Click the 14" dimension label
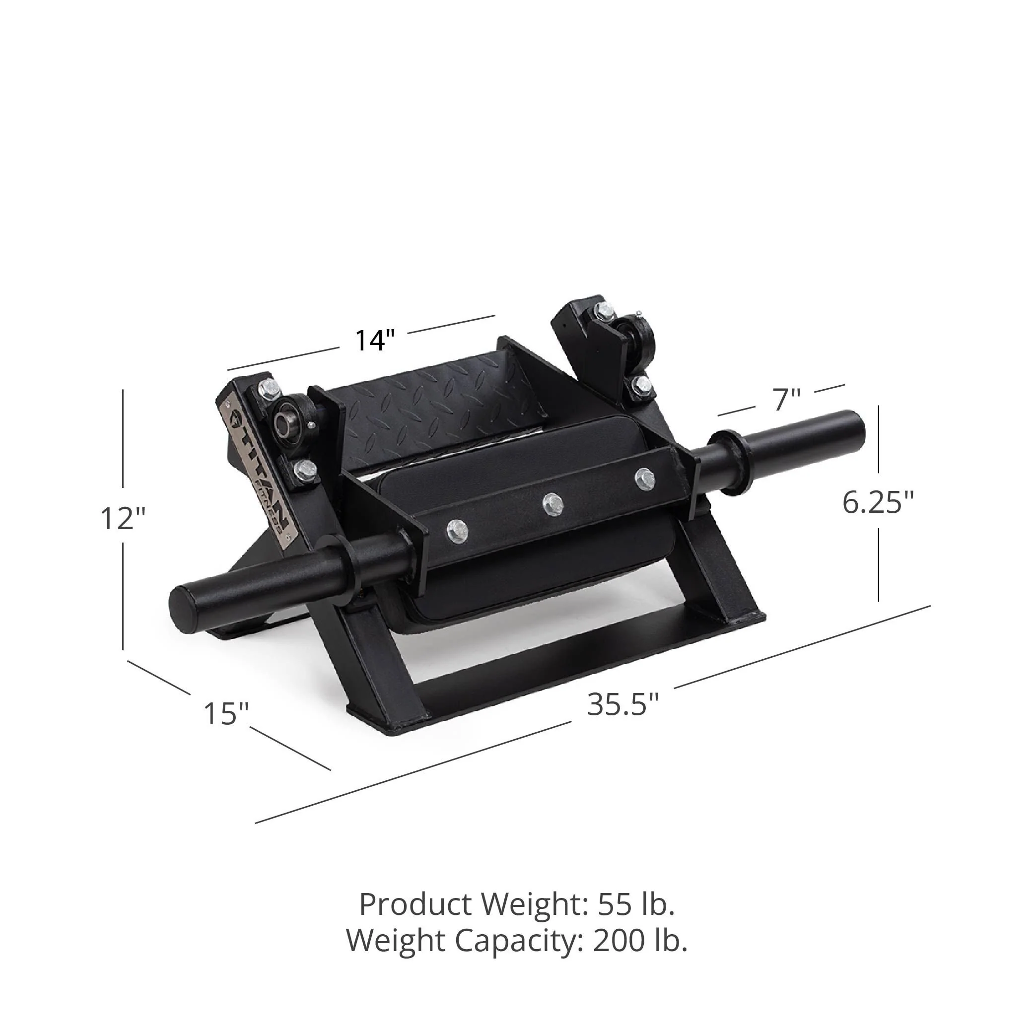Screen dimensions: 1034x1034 [x=375, y=340]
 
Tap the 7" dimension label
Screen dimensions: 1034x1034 [x=786, y=400]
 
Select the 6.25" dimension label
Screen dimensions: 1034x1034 [x=878, y=502]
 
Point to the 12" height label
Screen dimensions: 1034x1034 [x=123, y=518]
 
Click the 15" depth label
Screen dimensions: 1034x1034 [x=226, y=713]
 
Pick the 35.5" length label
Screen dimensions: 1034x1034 [x=623, y=704]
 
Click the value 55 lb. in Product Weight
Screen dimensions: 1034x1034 [x=636, y=904]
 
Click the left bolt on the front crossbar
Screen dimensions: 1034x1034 [x=457, y=530]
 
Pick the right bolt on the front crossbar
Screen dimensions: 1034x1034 [x=645, y=478]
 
